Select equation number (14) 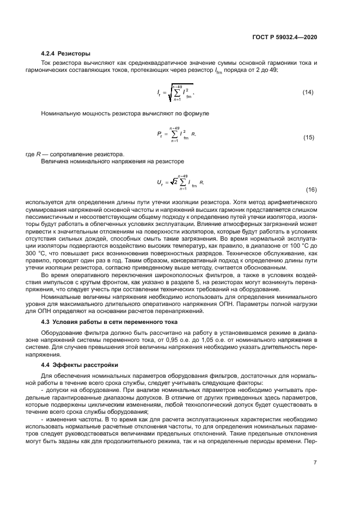(x=309, y=92)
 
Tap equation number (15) (x=309, y=138)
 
